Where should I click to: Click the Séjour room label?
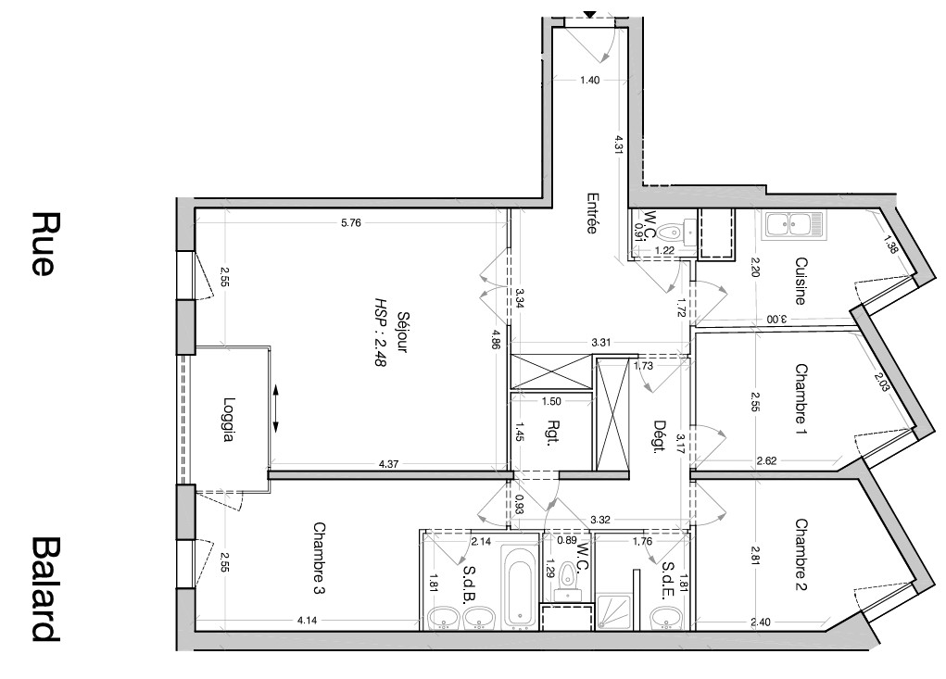coord(402,333)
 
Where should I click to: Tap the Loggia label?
coord(227,419)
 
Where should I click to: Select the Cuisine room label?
coord(801,281)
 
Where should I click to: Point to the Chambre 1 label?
coord(801,398)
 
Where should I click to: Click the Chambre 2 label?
coord(801,554)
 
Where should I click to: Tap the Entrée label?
coord(592,213)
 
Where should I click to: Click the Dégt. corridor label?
coord(660,436)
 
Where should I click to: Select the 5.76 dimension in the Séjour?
coord(350,222)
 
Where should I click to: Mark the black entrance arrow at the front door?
coord(590,15)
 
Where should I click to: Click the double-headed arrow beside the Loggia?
coord(276,409)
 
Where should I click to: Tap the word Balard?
coord(45,589)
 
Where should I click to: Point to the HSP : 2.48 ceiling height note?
coord(381,333)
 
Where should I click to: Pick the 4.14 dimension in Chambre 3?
coord(307,619)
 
